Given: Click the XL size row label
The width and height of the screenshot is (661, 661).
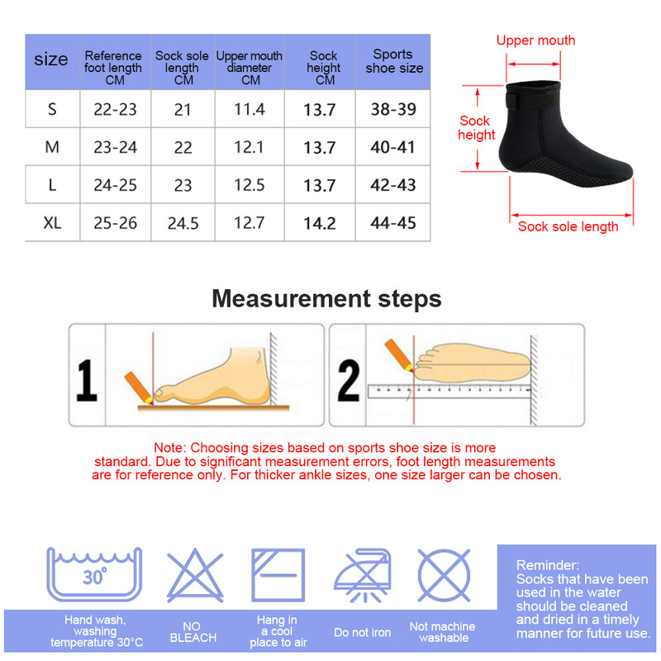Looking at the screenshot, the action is pyautogui.click(x=52, y=222).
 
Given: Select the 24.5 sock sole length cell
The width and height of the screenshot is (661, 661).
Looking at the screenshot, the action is pyautogui.click(x=183, y=223).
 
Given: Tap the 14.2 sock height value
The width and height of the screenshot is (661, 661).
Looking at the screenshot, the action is pyautogui.click(x=320, y=223).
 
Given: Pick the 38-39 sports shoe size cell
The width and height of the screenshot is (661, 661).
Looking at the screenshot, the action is pyautogui.click(x=393, y=109).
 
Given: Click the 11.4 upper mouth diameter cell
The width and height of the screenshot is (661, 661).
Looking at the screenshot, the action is pyautogui.click(x=250, y=109).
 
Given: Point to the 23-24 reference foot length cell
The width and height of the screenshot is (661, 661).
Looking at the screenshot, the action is pyautogui.click(x=115, y=147).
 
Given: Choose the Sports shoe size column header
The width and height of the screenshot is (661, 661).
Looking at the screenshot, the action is pyautogui.click(x=394, y=61).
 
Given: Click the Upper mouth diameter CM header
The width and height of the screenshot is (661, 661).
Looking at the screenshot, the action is pyautogui.click(x=250, y=68).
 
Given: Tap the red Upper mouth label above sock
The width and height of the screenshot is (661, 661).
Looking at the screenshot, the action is pyautogui.click(x=535, y=40).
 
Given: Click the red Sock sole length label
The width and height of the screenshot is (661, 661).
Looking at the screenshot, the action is pyautogui.click(x=568, y=226).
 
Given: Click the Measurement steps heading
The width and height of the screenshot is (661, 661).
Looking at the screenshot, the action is pyautogui.click(x=326, y=298).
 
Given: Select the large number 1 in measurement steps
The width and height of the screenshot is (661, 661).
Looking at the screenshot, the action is pyautogui.click(x=87, y=380).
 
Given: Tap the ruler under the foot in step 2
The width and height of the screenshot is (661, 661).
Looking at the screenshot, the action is pyautogui.click(x=449, y=391).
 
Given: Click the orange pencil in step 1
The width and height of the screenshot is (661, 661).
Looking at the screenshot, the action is pyautogui.click(x=139, y=388).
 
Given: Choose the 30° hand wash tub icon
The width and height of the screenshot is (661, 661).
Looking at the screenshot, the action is pyautogui.click(x=94, y=574).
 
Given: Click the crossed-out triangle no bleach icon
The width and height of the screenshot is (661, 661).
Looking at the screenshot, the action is pyautogui.click(x=195, y=575).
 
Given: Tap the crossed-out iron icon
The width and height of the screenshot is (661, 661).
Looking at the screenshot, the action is pyautogui.click(x=363, y=575).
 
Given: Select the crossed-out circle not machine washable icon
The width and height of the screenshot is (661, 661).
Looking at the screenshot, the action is pyautogui.click(x=444, y=575).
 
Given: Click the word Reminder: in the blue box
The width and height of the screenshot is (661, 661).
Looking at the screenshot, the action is pyautogui.click(x=548, y=565).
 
